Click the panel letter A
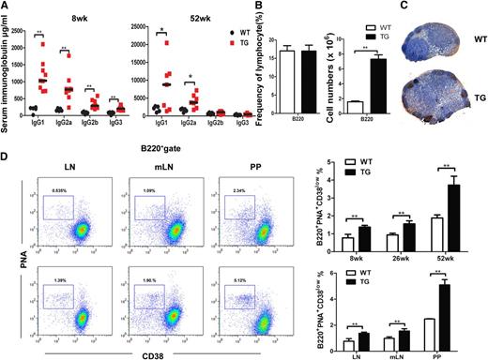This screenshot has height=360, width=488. coord(8,7)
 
